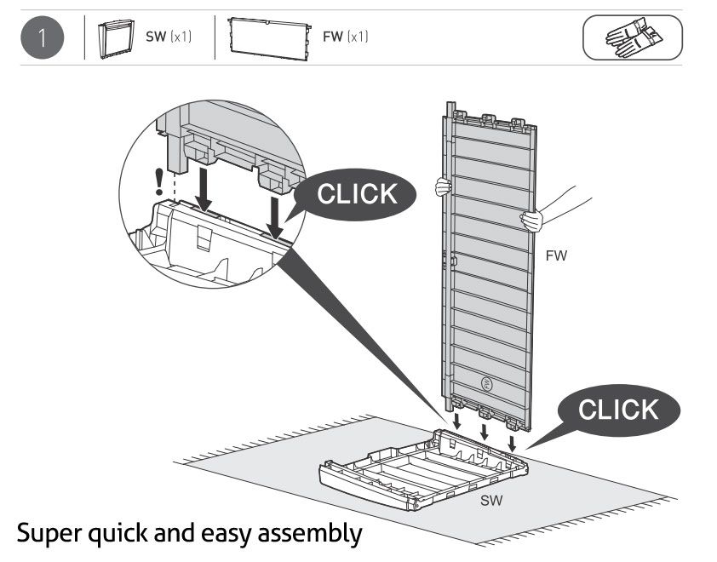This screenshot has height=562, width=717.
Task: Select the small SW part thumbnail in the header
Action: (x=118, y=38)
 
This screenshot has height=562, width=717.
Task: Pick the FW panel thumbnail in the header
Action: (x=269, y=37)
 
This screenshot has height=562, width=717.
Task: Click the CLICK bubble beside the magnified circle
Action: (x=357, y=195)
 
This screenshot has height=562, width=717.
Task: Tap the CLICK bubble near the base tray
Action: (x=617, y=410)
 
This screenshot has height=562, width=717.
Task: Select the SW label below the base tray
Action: (x=490, y=501)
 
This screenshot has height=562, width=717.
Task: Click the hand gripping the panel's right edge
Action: (x=533, y=221)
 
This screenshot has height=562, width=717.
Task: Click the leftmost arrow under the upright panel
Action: (x=457, y=423)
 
